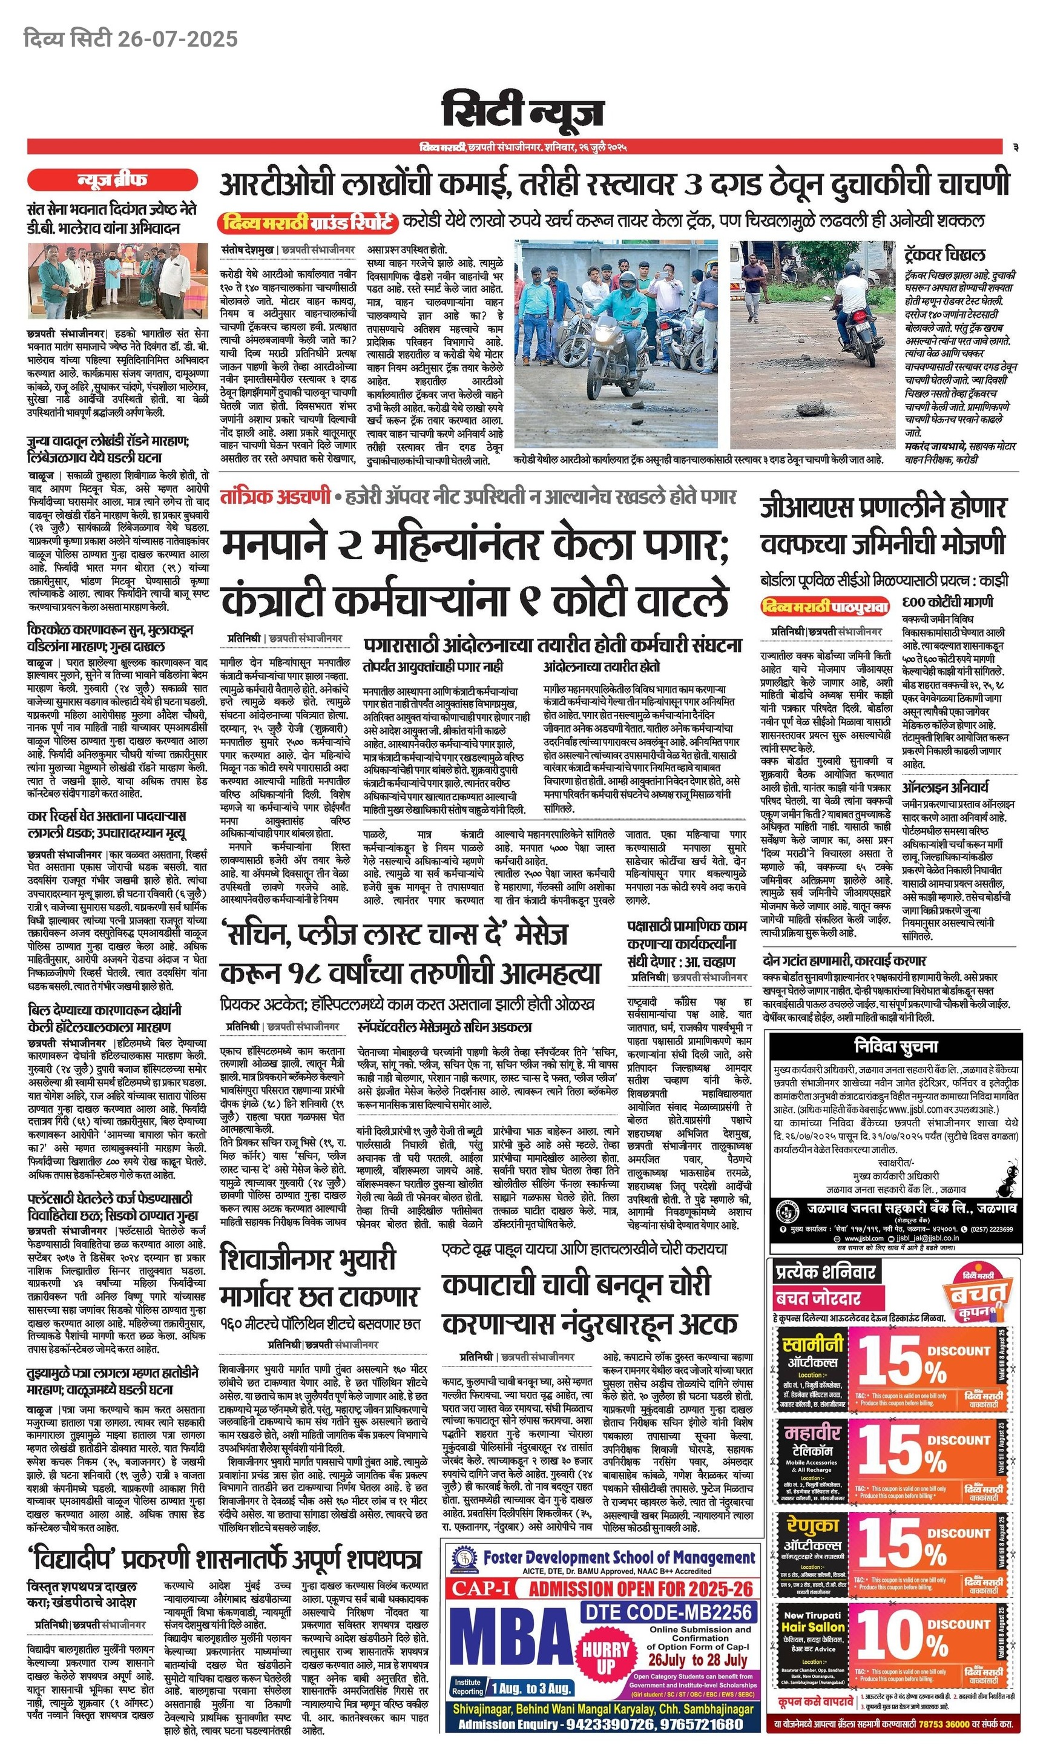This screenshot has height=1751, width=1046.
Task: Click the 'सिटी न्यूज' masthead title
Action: (x=522, y=111)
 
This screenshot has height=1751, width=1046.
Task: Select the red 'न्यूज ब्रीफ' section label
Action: (x=112, y=180)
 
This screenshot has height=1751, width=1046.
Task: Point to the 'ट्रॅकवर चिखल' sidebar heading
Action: (x=944, y=254)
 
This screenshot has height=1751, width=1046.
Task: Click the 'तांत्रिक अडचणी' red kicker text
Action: (x=275, y=496)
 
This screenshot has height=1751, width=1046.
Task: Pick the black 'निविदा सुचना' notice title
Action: (x=895, y=1046)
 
